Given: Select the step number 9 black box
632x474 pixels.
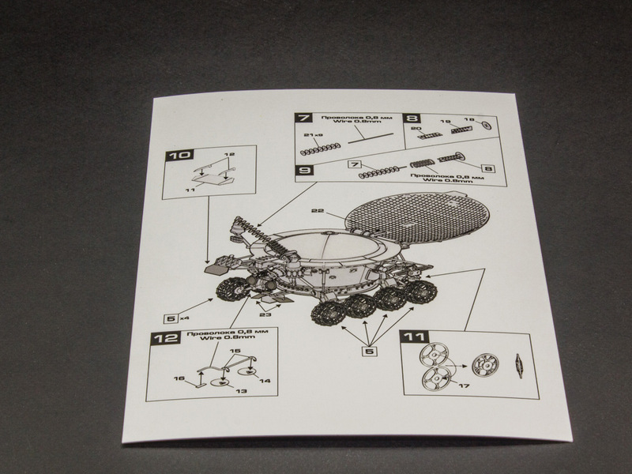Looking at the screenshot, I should (303, 168).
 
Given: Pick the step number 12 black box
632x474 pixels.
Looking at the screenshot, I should (162, 340).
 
